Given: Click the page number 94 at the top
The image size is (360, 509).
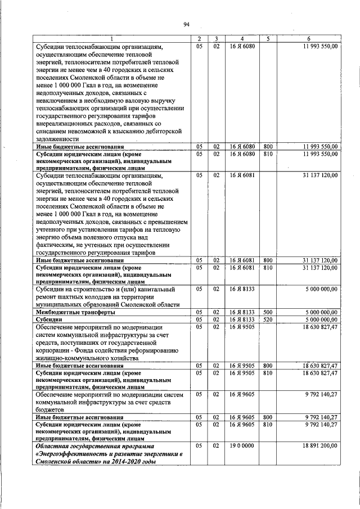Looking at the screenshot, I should [x=186, y=24].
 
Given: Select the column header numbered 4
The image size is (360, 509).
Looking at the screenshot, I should [x=241, y=39].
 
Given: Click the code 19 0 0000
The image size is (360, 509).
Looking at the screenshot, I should [x=241, y=445].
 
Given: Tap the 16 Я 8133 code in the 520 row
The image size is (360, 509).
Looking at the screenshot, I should [x=241, y=319].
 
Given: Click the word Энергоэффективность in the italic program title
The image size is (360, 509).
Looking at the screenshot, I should [x=72, y=453].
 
